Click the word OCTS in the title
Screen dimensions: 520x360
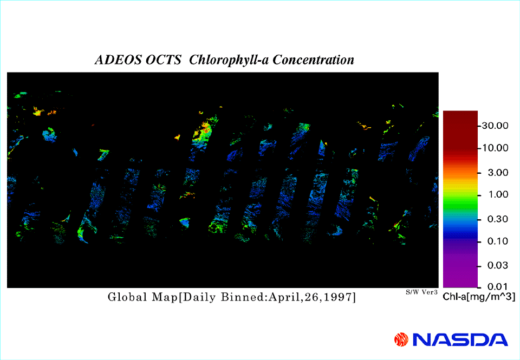click(x=163, y=60)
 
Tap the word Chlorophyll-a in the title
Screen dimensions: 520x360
click(x=229, y=60)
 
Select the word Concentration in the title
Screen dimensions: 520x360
click(x=313, y=60)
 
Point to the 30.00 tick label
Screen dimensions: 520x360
click(x=495, y=126)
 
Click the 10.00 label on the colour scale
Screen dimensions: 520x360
click(x=495, y=148)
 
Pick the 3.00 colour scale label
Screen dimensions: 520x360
click(x=498, y=173)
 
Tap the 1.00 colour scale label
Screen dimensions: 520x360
click(x=498, y=194)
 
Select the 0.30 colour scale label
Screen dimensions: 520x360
click(x=498, y=219)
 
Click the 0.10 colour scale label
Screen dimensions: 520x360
click(x=498, y=241)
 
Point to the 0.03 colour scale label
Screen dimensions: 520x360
click(x=498, y=265)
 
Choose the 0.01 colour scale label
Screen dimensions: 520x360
click(x=498, y=286)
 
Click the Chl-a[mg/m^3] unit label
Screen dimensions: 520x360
click(x=479, y=297)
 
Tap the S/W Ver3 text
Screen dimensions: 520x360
click(x=421, y=292)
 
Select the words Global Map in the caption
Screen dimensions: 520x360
click(x=143, y=297)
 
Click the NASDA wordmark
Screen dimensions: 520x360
click(x=460, y=340)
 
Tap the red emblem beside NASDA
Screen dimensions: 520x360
click(x=401, y=340)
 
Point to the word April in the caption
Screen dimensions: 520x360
click(x=283, y=298)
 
